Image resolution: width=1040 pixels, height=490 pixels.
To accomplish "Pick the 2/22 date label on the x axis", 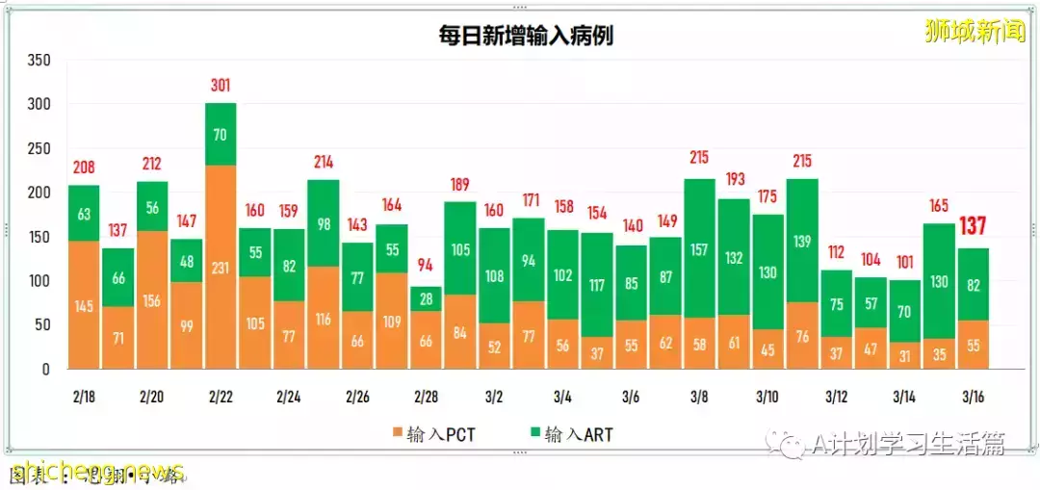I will pyautogui.click(x=221, y=397).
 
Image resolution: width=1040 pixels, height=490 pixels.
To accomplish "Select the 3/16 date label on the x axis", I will pyautogui.click(x=973, y=397).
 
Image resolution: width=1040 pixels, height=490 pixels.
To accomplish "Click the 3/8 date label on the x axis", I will pyautogui.click(x=700, y=397).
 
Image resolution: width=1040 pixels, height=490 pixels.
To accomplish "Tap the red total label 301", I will pyautogui.click(x=221, y=86).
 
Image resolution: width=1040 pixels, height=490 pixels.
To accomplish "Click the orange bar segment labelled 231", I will pyautogui.click(x=221, y=267).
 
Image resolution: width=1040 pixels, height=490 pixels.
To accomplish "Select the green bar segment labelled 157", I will pyautogui.click(x=700, y=248).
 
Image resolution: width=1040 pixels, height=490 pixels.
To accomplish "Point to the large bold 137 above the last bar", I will pyautogui.click(x=974, y=227).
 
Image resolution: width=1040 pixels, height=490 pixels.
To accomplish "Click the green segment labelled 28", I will pyautogui.click(x=427, y=298).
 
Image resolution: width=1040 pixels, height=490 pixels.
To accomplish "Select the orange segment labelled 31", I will pyautogui.click(x=904, y=355).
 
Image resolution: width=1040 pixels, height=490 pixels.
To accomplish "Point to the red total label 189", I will pyautogui.click(x=460, y=185).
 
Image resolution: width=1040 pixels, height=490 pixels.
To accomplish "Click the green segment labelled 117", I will pyautogui.click(x=597, y=285).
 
